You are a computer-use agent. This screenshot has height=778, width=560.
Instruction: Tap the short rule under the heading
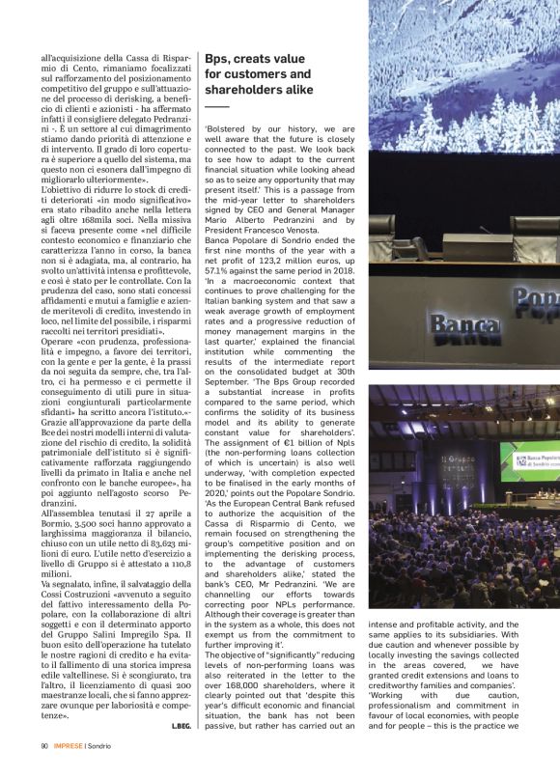pos(216,105)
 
